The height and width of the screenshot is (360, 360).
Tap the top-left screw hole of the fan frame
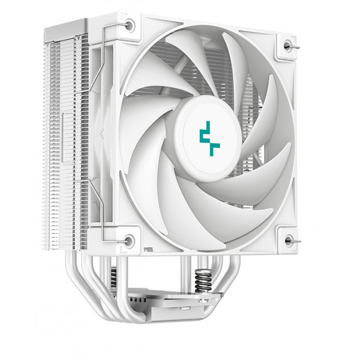130,25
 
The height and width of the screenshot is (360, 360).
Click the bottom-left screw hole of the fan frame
128,241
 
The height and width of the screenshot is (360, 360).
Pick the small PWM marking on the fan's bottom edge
148,247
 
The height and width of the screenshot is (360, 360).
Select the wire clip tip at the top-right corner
295,44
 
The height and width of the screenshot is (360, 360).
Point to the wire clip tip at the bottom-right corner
295,240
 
